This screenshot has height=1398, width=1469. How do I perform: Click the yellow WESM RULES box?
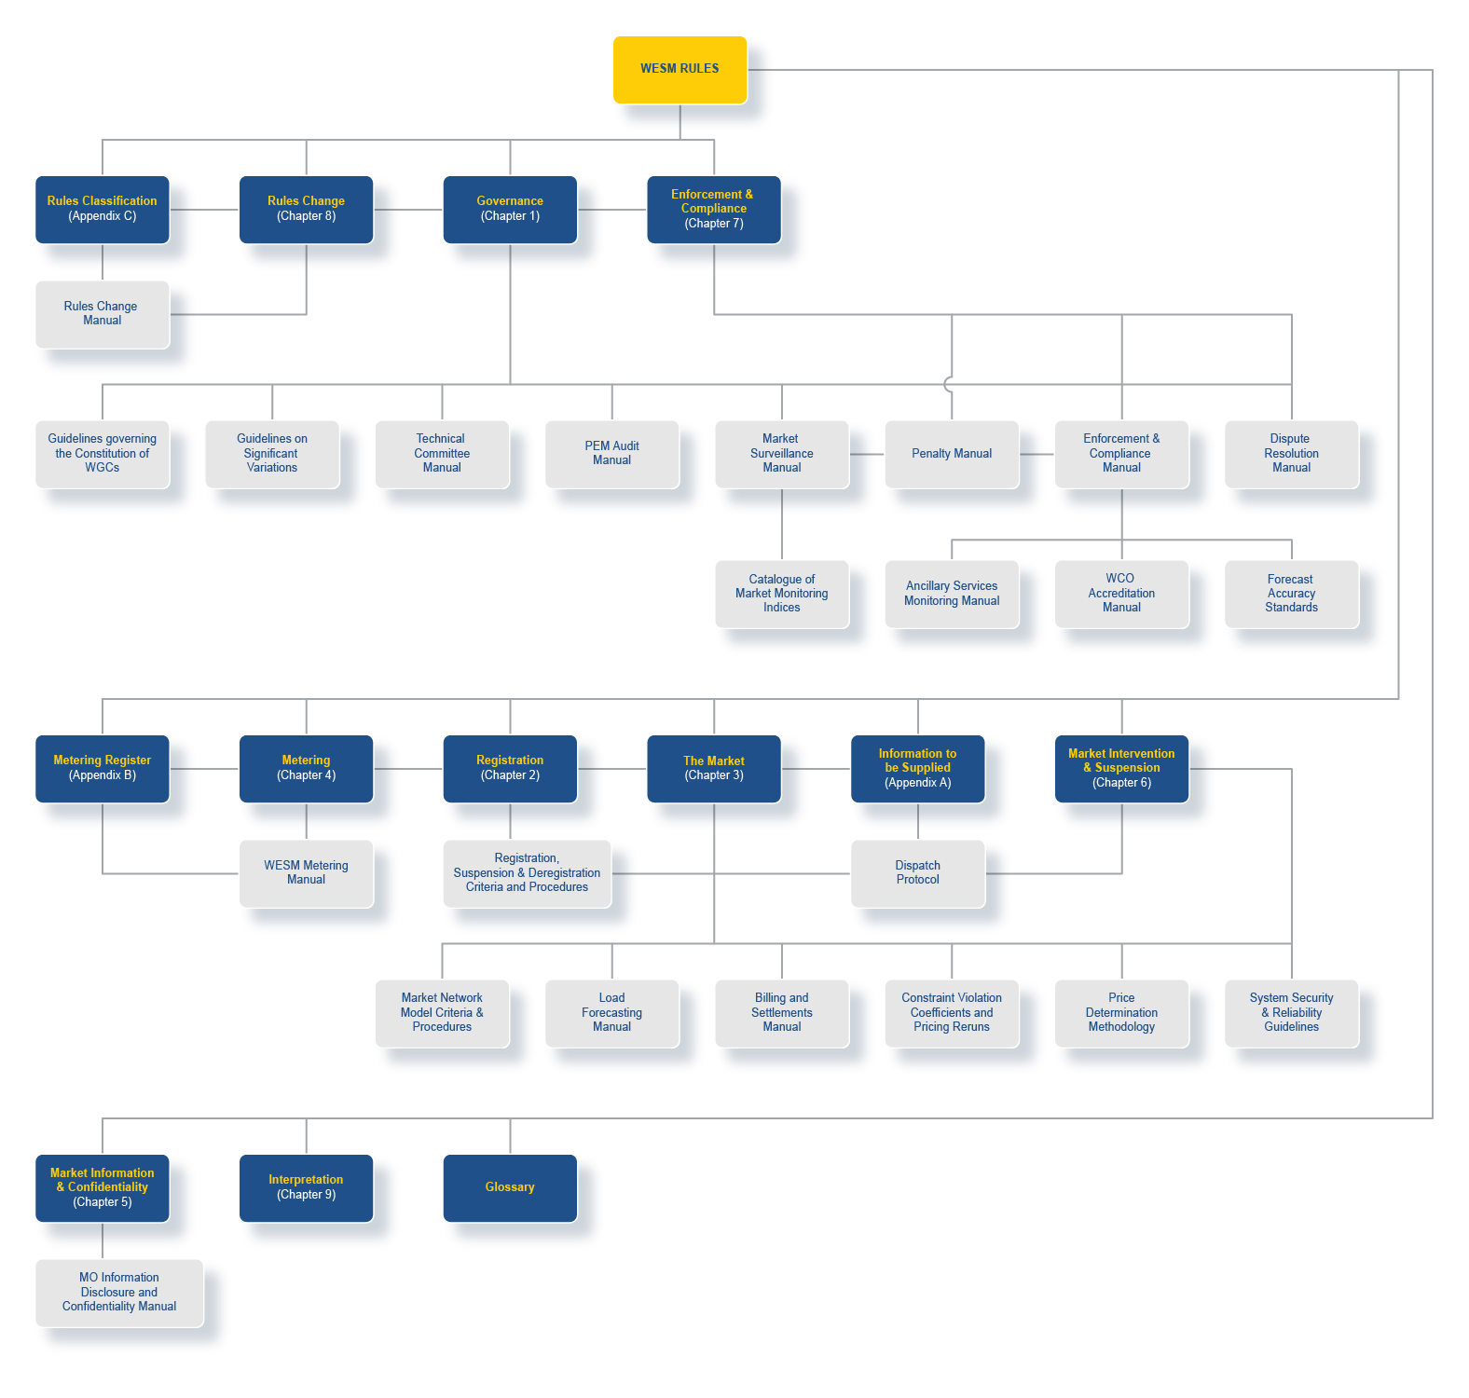click(680, 70)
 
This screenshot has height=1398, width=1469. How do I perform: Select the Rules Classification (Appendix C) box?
click(103, 210)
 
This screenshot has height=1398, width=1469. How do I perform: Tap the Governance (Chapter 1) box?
click(510, 210)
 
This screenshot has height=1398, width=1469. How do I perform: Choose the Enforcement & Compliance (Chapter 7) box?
click(714, 210)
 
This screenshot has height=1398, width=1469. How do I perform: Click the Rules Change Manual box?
click(103, 314)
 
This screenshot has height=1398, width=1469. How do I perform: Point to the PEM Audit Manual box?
click(611, 454)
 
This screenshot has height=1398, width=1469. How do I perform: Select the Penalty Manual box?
click(952, 454)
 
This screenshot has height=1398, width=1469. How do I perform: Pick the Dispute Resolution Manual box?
click(1291, 454)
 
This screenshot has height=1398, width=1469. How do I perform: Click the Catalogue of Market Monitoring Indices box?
click(782, 594)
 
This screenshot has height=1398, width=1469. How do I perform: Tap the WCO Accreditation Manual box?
click(1121, 594)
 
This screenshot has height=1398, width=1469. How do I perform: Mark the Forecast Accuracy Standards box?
click(1291, 594)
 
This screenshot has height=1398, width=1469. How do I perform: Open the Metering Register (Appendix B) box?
click(103, 769)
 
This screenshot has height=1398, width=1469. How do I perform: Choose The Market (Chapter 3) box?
click(714, 769)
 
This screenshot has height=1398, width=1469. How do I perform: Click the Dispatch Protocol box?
click(918, 873)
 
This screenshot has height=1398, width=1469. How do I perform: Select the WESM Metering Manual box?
click(306, 873)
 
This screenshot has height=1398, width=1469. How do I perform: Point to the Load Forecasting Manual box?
click(611, 1013)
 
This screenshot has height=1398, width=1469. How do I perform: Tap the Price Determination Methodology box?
click(1121, 1013)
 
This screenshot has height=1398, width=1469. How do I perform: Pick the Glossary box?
click(510, 1188)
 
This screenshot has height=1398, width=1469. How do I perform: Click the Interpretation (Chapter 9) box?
click(306, 1188)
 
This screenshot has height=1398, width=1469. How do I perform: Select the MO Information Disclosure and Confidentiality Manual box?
click(119, 1293)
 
